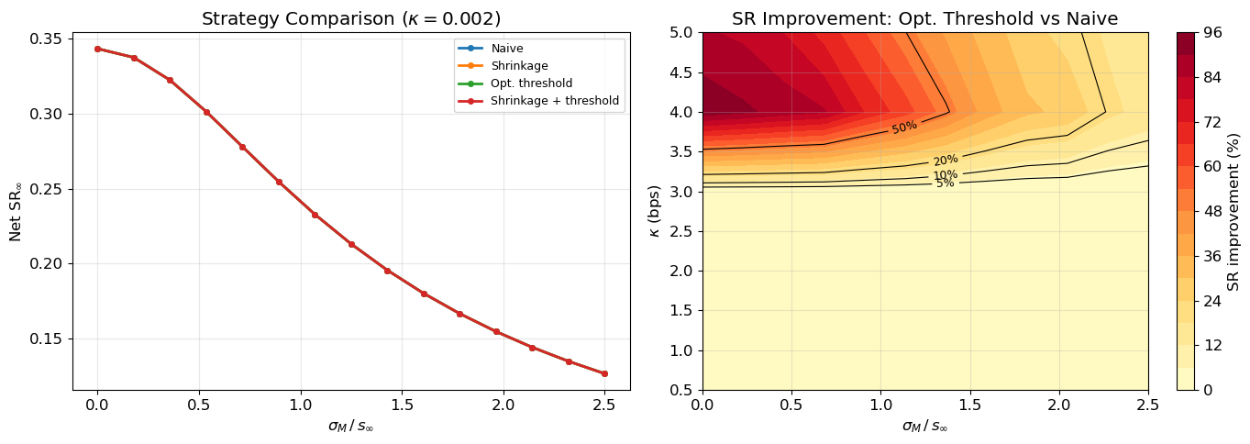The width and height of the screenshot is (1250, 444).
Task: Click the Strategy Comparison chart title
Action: click(x=351, y=18)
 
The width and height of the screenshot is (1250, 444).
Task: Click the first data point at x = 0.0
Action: click(x=97, y=49)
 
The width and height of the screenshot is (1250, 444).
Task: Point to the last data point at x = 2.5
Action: click(x=604, y=373)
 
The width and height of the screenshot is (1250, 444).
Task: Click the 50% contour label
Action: click(x=904, y=128)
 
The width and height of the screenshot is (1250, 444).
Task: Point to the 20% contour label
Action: click(x=946, y=161)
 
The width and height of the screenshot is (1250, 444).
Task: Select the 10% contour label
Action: click(x=946, y=175)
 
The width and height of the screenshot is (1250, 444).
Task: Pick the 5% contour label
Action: click(x=946, y=183)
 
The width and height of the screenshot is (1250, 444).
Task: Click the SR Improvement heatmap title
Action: click(x=925, y=18)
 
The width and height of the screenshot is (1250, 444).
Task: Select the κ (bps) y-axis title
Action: click(x=654, y=211)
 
